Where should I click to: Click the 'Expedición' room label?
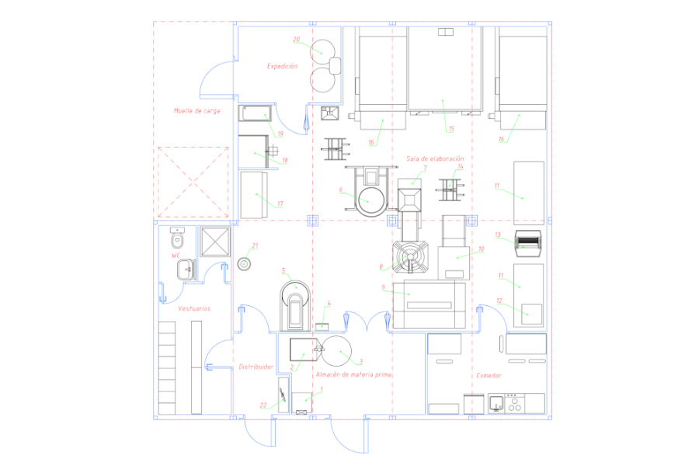[282, 66]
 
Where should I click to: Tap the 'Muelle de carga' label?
[196, 110]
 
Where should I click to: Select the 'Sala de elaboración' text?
[435, 158]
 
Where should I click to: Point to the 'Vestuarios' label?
[194, 308]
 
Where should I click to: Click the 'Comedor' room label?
[489, 375]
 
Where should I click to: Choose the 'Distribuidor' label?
[256, 367]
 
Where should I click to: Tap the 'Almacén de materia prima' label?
[353, 374]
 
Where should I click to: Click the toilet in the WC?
[177, 238]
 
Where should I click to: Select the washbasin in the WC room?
[186, 270]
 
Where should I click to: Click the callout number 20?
[297, 40]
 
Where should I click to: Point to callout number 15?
[451, 129]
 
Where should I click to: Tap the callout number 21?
[255, 245]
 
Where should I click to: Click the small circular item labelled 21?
[244, 264]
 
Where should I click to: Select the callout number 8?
[381, 266]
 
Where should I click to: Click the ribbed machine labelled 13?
[528, 243]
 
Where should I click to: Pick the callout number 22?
[263, 405]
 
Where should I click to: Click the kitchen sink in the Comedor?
[496, 404]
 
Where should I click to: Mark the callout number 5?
[283, 271]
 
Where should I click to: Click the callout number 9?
[383, 287]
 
